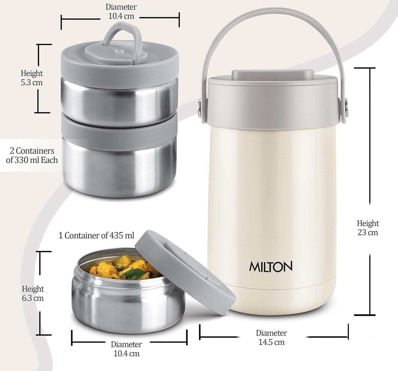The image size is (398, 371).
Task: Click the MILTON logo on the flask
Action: pyautogui.click(x=270, y=267)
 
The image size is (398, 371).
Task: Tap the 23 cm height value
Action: pyautogui.click(x=368, y=233)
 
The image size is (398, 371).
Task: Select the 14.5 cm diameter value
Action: pyautogui.click(x=271, y=342)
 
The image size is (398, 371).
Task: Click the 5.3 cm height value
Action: pyautogui.click(x=32, y=83)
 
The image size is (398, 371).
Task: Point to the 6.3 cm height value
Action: pyautogui.click(x=33, y=298)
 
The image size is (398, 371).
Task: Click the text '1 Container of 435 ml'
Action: pyautogui.click(x=96, y=236)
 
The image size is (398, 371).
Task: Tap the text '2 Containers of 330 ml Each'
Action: pyautogui.click(x=32, y=156)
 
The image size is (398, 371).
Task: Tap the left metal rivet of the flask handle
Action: pyautogui.click(x=199, y=107)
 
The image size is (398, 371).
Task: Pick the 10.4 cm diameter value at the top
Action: pyautogui.click(x=121, y=16)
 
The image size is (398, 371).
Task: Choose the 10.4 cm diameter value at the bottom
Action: pyautogui.click(x=126, y=353)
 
